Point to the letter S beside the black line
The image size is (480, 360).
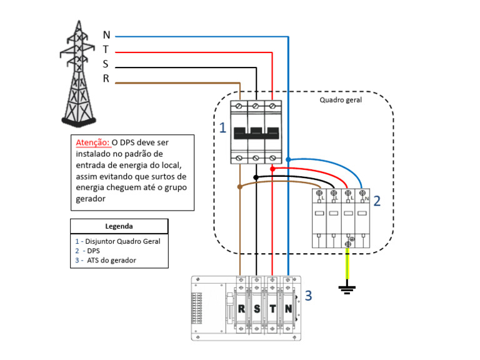pyautogui.click(x=106, y=64)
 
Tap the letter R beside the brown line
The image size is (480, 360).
pyautogui.click(x=106, y=79)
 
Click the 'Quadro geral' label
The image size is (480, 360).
pyautogui.click(x=341, y=99)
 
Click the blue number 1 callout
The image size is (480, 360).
pyautogui.click(x=222, y=128)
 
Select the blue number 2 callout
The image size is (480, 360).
pyautogui.click(x=377, y=201)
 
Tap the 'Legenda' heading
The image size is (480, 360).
pyautogui.click(x=119, y=226)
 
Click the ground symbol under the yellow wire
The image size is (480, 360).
pyautogui.click(x=347, y=288)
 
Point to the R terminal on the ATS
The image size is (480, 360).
pyautogui.click(x=241, y=309)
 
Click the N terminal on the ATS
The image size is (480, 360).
pyautogui.click(x=288, y=309)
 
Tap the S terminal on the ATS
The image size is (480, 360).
pyautogui.click(x=256, y=309)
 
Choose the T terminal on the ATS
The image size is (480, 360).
pyautogui.click(x=272, y=309)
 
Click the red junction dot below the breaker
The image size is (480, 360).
pyautogui.click(x=272, y=169)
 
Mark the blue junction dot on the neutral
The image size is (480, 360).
pyautogui.click(x=288, y=160)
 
